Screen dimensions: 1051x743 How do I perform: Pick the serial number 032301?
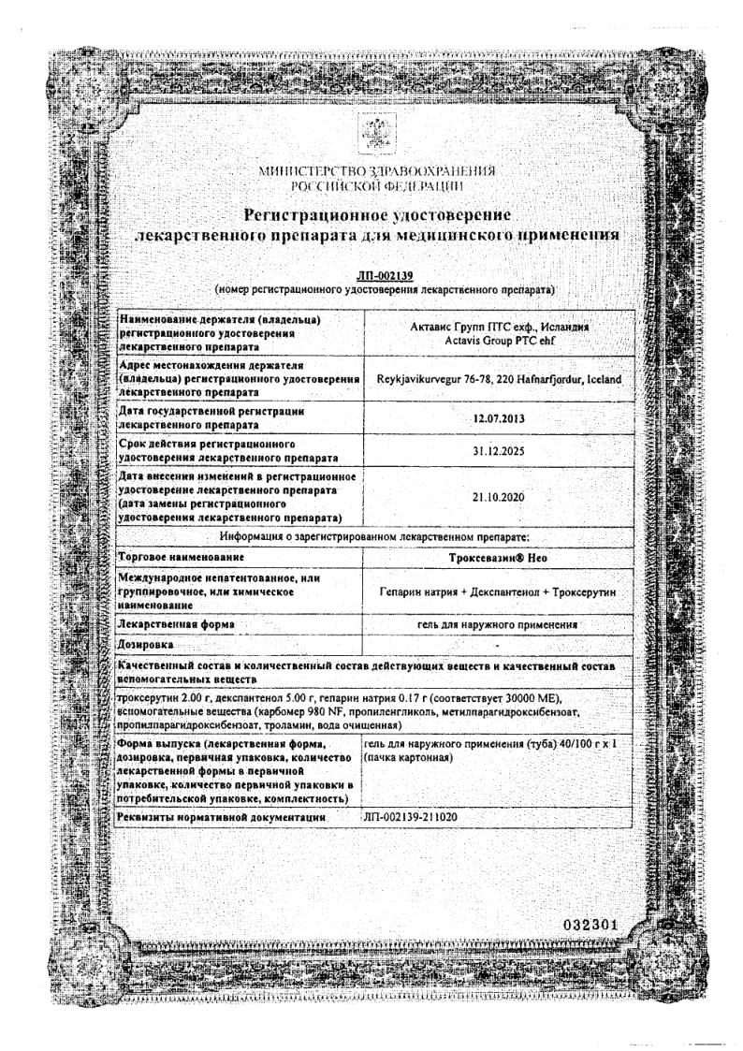pos(590,926)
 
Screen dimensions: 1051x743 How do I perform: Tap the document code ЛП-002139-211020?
pos(418,818)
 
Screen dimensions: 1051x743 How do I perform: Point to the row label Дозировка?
pos(146,645)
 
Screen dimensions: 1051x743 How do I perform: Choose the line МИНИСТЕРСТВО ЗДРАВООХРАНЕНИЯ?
pos(377,171)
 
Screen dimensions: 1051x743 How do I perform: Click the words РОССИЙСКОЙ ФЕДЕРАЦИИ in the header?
pos(377,185)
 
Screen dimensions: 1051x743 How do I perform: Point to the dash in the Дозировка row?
pos(499,645)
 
